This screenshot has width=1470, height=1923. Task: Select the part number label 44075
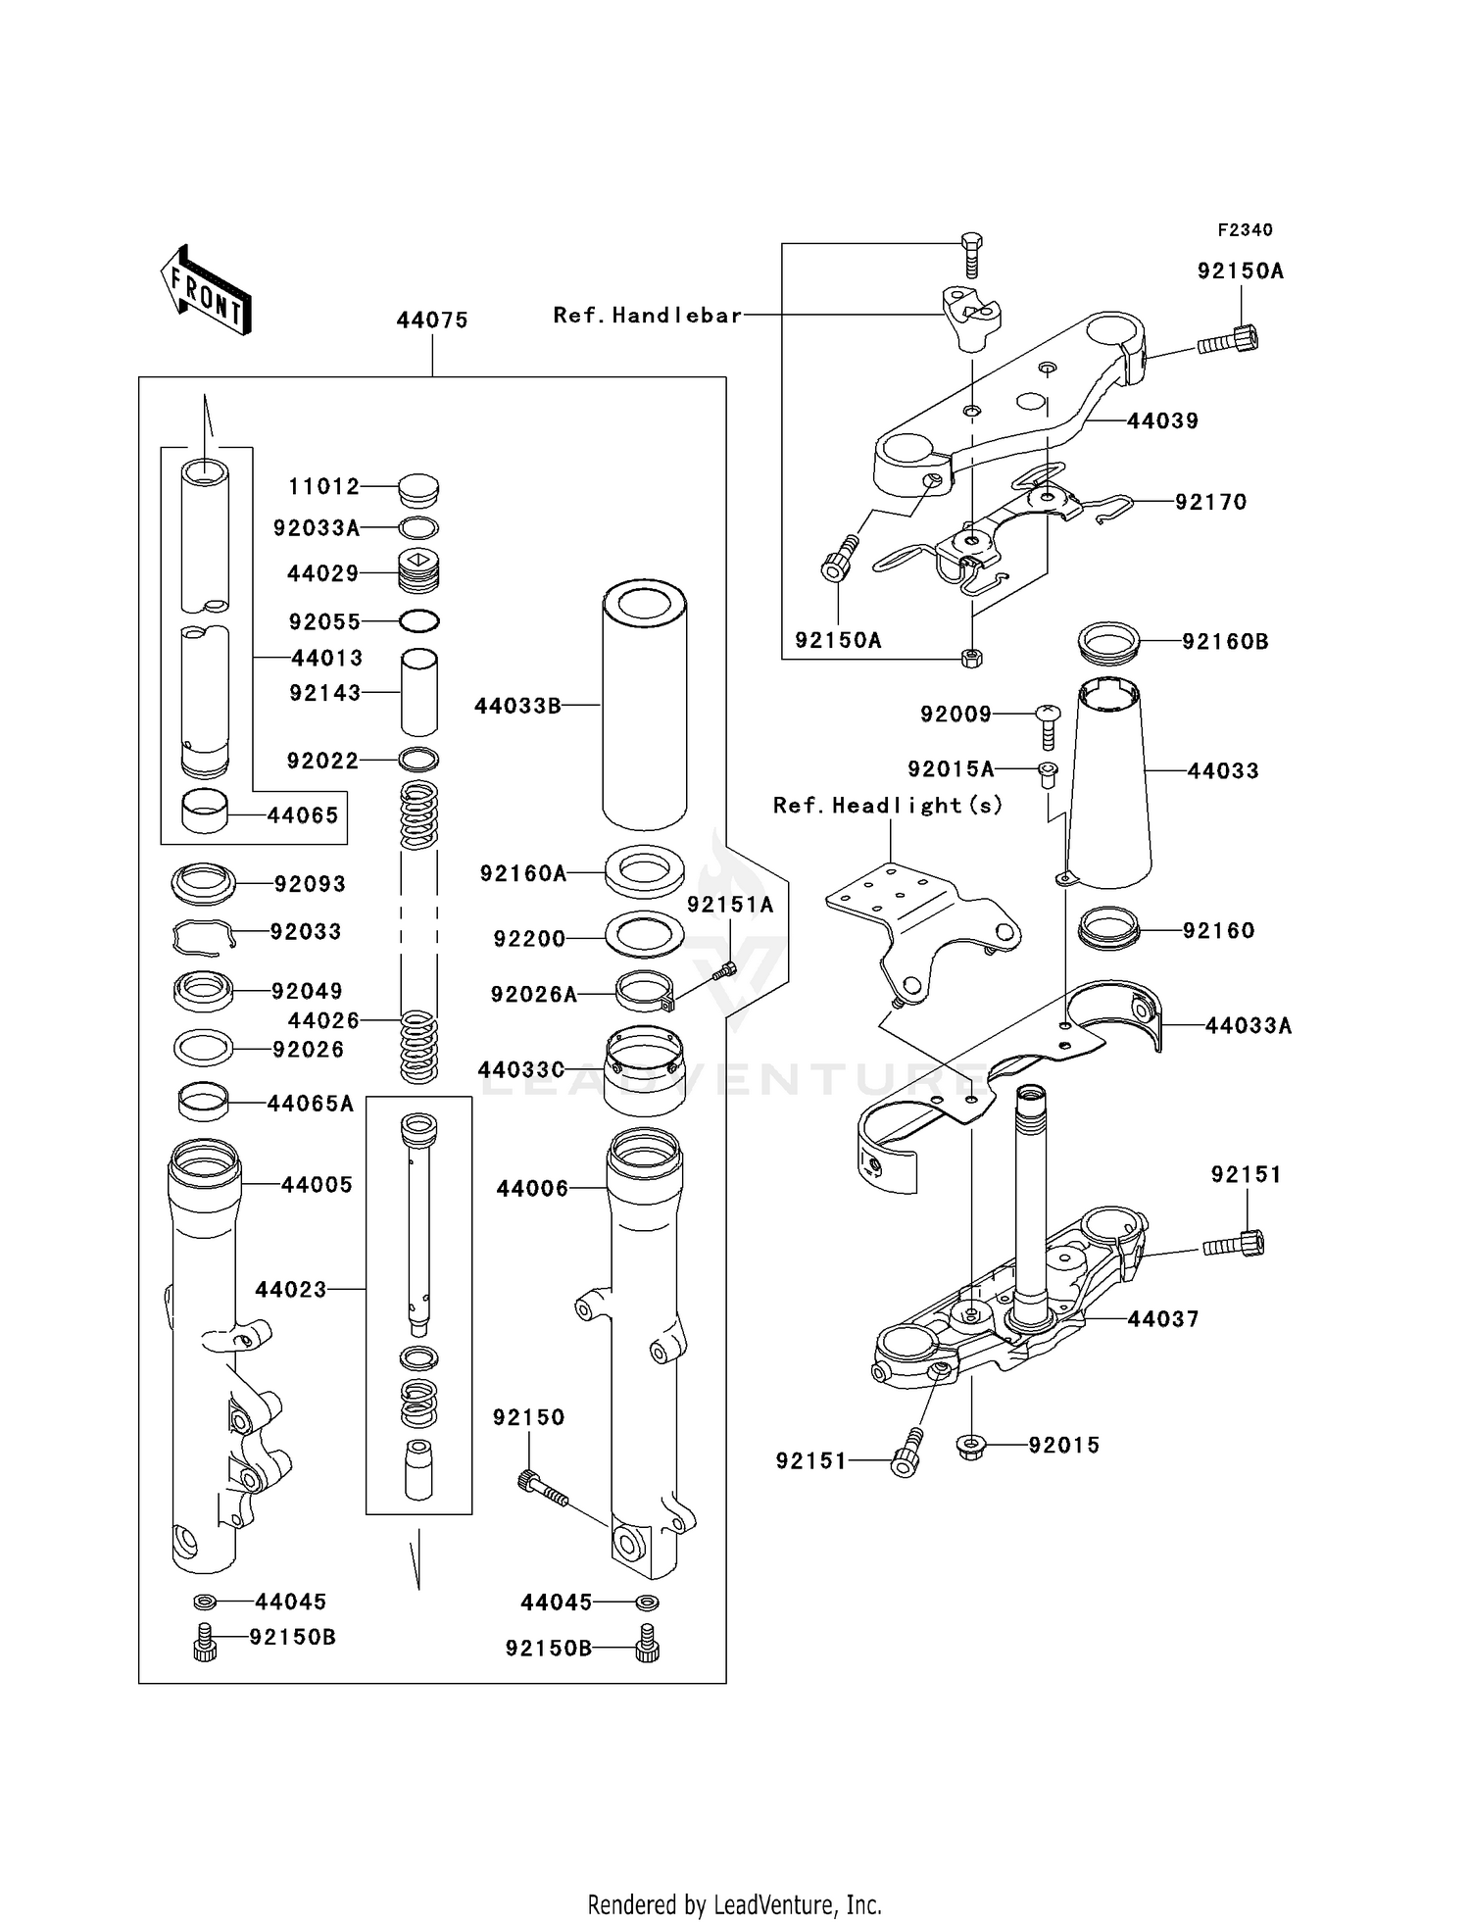(432, 320)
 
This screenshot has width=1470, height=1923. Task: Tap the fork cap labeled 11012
(418, 489)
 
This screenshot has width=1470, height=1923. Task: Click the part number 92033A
(317, 528)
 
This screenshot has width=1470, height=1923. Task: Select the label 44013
(327, 658)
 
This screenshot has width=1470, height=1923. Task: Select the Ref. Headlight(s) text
(888, 805)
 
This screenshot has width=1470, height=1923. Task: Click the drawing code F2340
(1245, 230)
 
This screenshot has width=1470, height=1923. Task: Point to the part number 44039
(1162, 420)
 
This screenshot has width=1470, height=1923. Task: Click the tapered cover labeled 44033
(1108, 784)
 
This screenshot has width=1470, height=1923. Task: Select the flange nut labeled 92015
(970, 1445)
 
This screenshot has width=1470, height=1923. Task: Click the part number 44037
(1162, 1318)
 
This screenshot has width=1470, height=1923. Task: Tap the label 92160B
(1225, 641)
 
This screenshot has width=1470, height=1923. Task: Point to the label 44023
(291, 1289)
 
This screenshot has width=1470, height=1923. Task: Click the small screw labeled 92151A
(725, 970)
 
